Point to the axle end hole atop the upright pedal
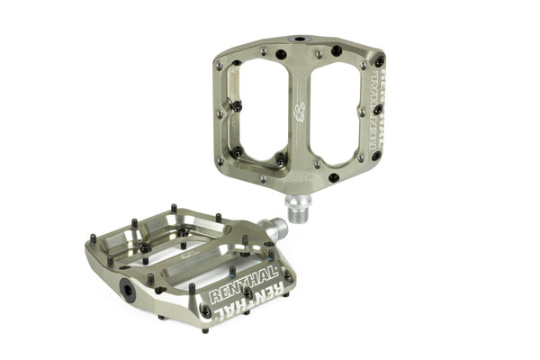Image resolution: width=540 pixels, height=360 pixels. tap(297, 40)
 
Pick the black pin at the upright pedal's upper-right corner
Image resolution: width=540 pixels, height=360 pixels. tap(379, 61)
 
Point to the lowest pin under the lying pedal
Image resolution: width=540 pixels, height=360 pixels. tap(204, 329)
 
